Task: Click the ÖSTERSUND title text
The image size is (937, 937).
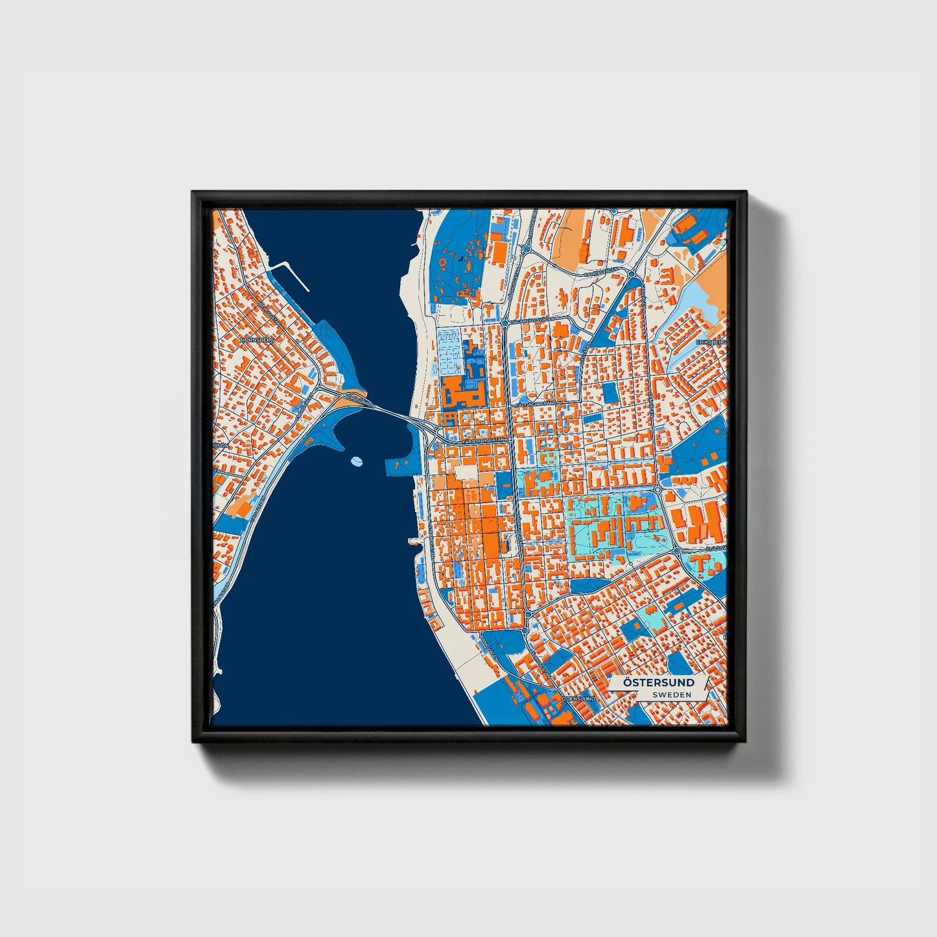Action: [x=658, y=683]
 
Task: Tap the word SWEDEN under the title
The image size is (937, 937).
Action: [x=672, y=694]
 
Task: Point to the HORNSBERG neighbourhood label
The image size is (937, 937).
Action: [x=257, y=339]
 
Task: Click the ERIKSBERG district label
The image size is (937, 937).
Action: [x=711, y=342]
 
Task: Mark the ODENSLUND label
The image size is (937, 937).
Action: [x=578, y=699]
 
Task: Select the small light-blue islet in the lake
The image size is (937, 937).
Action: [x=355, y=462]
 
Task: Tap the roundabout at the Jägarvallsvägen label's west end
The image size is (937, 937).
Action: [x=504, y=322]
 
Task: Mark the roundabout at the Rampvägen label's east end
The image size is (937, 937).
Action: [x=630, y=274]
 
